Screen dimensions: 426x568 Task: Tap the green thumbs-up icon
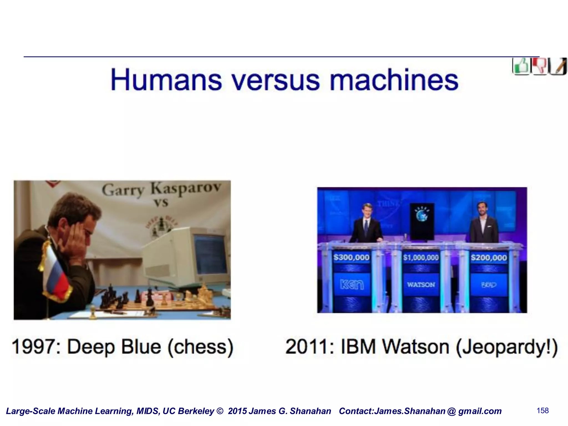(x=521, y=66)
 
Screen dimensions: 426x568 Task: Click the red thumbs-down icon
(x=539, y=66)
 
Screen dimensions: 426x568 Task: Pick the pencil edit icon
(x=558, y=66)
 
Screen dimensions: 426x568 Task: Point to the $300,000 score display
(x=351, y=258)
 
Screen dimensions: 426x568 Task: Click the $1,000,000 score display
(x=421, y=258)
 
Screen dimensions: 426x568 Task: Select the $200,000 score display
(x=489, y=258)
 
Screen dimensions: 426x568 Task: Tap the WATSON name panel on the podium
(x=421, y=285)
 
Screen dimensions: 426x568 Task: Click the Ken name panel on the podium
(x=352, y=285)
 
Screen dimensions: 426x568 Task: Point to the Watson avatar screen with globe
(x=422, y=221)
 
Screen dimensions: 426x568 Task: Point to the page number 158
(x=542, y=411)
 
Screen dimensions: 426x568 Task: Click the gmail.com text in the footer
(x=480, y=411)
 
